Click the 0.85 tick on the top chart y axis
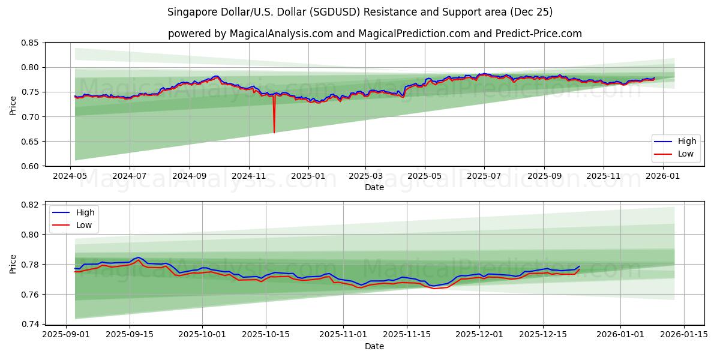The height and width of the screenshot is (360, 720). tap(29, 43)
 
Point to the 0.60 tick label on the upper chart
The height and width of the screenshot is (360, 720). tap(29, 166)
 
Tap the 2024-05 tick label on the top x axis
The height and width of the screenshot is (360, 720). tap(71, 177)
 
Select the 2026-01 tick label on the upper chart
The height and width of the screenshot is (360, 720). tap(663, 177)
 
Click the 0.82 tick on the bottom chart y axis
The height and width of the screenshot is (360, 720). tap(29, 205)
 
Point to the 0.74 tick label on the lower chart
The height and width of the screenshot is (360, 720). tap(29, 324)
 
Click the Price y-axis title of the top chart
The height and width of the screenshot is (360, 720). tap(13, 104)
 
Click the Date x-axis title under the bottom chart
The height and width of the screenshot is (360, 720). tap(374, 347)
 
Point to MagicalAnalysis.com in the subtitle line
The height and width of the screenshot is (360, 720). tap(281, 34)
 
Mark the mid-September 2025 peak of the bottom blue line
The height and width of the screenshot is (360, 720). tap(138, 257)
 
